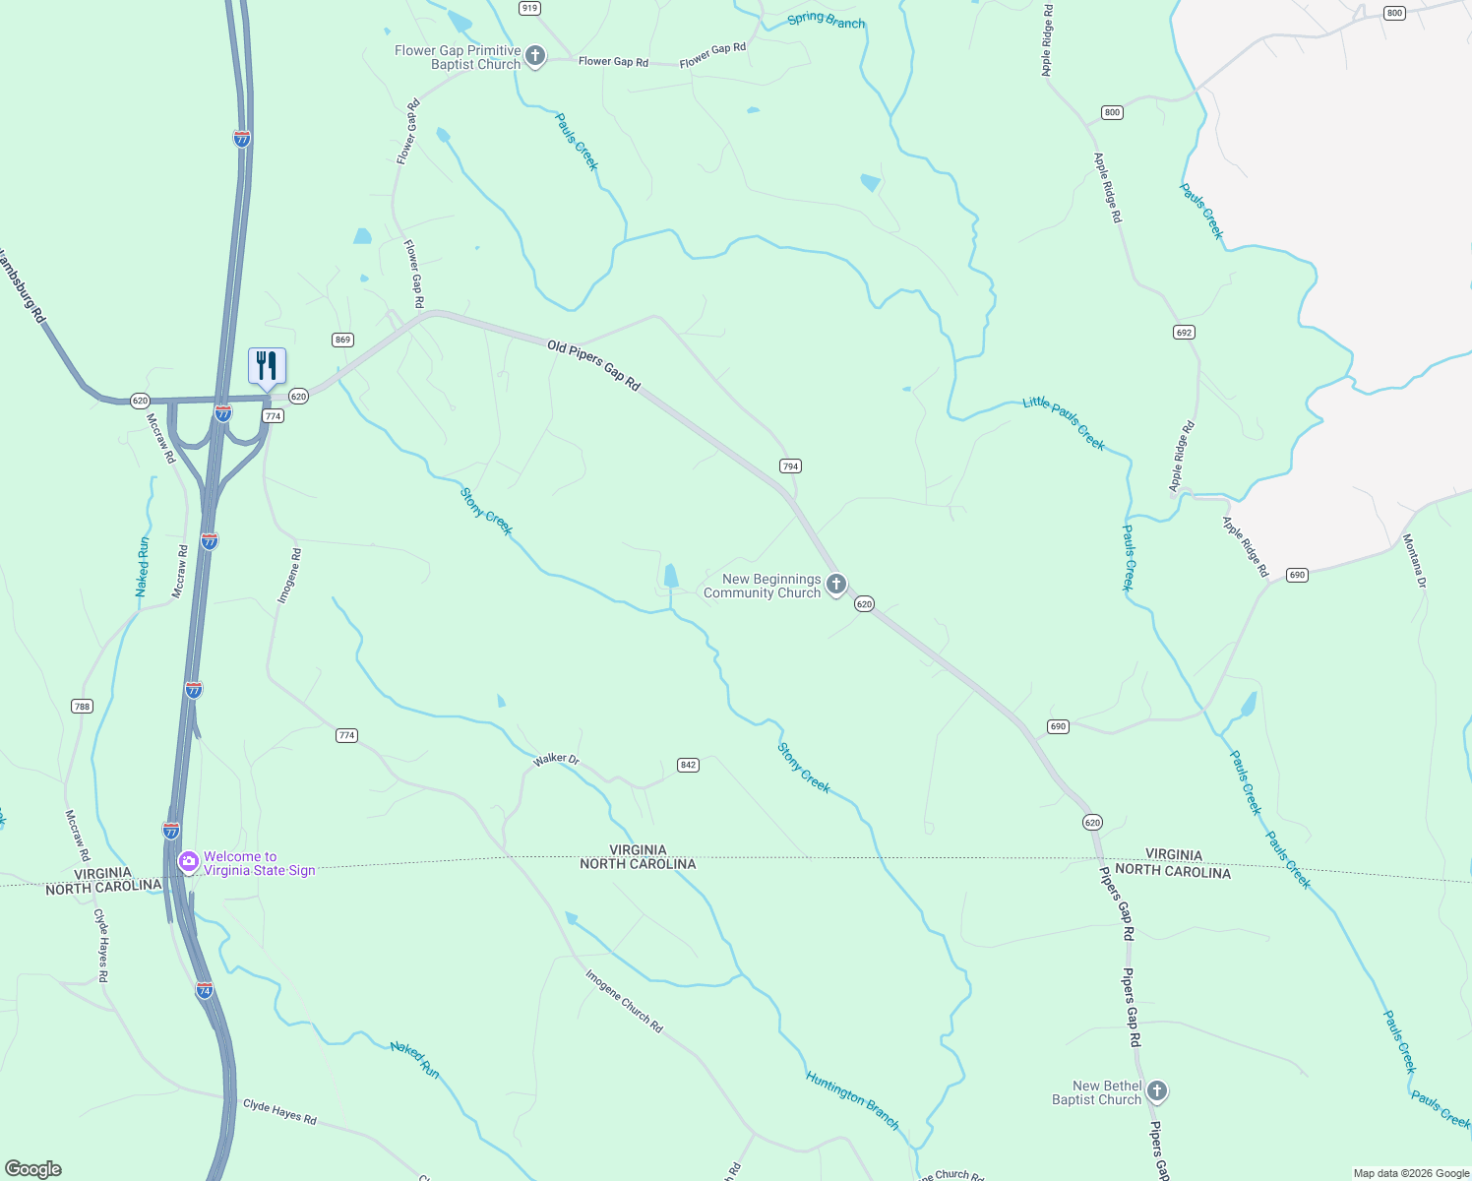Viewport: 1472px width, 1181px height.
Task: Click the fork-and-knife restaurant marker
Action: (x=267, y=366)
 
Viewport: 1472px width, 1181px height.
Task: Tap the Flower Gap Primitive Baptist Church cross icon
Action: (x=535, y=56)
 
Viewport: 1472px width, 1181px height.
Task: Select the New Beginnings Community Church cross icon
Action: (x=836, y=586)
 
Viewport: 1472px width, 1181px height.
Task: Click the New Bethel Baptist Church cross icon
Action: (x=1157, y=1090)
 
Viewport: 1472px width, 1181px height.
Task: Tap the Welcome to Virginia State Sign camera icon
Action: (x=188, y=862)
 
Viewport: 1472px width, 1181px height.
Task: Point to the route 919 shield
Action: (x=529, y=8)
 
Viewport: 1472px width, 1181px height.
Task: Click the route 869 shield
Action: (x=342, y=340)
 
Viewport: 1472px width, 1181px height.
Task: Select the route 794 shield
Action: (x=790, y=466)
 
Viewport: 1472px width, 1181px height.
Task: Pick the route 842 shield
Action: (x=688, y=765)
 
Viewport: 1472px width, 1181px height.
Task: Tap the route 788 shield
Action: (x=82, y=706)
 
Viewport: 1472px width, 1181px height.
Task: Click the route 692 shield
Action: (x=1184, y=333)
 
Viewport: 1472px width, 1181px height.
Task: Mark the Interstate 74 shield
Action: (x=204, y=989)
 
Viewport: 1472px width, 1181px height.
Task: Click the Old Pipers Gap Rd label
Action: (x=594, y=366)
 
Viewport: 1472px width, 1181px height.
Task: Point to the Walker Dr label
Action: (x=556, y=759)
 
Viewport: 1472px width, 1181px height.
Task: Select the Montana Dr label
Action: (x=1414, y=561)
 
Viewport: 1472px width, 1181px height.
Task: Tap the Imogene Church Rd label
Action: (x=624, y=1001)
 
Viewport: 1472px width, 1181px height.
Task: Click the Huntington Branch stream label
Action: (x=852, y=1100)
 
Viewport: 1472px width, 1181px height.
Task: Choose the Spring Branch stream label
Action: (x=826, y=20)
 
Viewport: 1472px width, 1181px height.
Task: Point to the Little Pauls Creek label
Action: (x=1064, y=422)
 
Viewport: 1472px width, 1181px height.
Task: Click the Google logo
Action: (x=33, y=1169)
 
